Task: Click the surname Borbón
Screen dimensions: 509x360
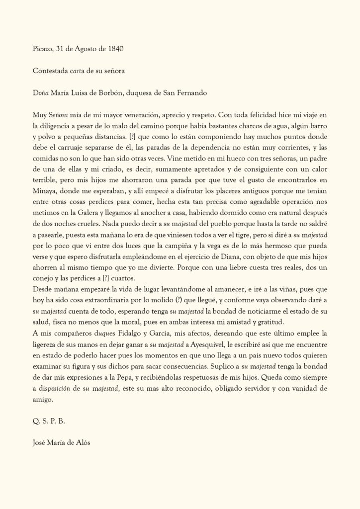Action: pos(117,92)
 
